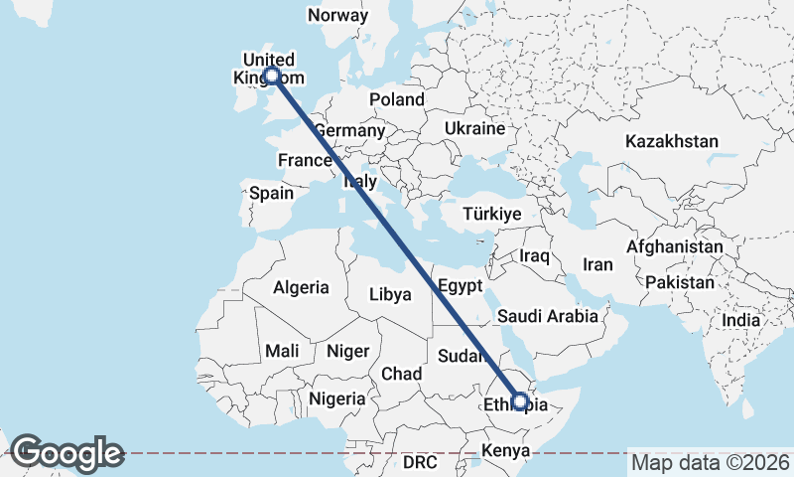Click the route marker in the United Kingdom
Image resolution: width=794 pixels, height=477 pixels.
pos(271,76)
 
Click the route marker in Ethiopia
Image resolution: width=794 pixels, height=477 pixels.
pos(520,402)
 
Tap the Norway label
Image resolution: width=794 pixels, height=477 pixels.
pos(337,15)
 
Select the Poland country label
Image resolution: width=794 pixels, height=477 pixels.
pos(396,99)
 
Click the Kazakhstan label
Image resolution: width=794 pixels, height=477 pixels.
pos(671,142)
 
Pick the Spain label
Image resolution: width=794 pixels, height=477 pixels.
pos(271,193)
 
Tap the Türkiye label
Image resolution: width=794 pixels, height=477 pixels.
pos(492,215)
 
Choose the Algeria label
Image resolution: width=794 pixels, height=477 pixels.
pos(301,287)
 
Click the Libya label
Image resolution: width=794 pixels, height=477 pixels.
pos(389,294)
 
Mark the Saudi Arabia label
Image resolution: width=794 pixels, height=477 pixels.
pos(548,316)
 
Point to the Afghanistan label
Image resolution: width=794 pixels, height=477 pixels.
pos(675,246)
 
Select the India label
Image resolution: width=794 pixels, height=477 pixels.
pos(740,320)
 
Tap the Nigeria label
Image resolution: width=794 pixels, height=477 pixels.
pos(336,397)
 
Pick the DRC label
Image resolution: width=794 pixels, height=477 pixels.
pos(420,462)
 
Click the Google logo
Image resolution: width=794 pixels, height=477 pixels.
pos(66,453)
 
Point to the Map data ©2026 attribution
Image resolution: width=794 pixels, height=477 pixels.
pos(710,462)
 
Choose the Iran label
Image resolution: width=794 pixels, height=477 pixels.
pos(597,264)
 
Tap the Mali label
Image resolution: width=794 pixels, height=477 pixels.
pos(281,351)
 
